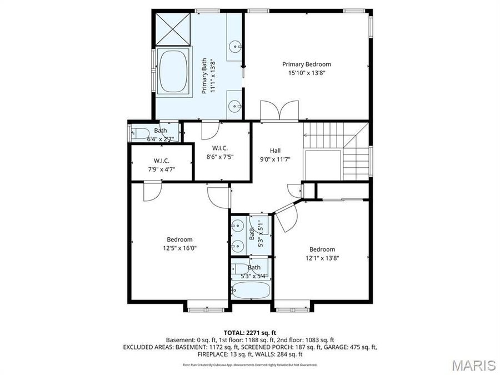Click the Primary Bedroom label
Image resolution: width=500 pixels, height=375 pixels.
[306, 64]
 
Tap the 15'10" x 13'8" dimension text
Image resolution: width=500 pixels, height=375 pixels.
[306, 73]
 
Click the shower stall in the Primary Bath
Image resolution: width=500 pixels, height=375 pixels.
[172, 28]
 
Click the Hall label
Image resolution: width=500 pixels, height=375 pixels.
[275, 151]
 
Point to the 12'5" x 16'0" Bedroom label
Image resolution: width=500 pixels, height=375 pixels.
[179, 244]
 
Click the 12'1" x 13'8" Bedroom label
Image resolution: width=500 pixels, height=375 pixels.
[322, 253]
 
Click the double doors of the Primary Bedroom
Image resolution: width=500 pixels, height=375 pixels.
[281, 111]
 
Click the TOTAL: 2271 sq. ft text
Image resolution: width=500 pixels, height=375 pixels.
[250, 332]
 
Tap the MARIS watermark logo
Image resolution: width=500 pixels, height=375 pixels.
[473, 365]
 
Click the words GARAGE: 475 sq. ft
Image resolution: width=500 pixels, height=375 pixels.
[349, 347]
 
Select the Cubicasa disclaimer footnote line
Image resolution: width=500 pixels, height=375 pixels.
[250, 365]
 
